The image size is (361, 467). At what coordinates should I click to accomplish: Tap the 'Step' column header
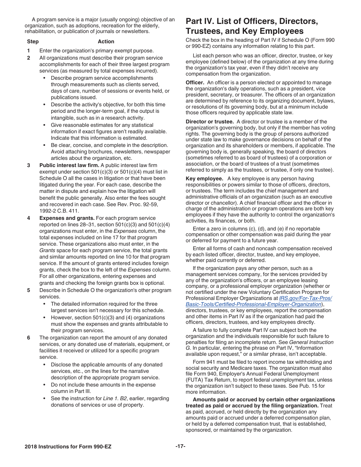(33, 41)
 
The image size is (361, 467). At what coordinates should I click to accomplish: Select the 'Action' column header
(106, 41)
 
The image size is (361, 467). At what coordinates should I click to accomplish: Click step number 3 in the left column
(28, 165)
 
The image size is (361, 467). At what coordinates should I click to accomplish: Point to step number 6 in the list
(28, 338)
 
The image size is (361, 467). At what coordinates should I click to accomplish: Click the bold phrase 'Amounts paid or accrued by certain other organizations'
(264, 399)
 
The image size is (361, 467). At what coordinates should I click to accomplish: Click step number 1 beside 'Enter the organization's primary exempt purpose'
(28, 50)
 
